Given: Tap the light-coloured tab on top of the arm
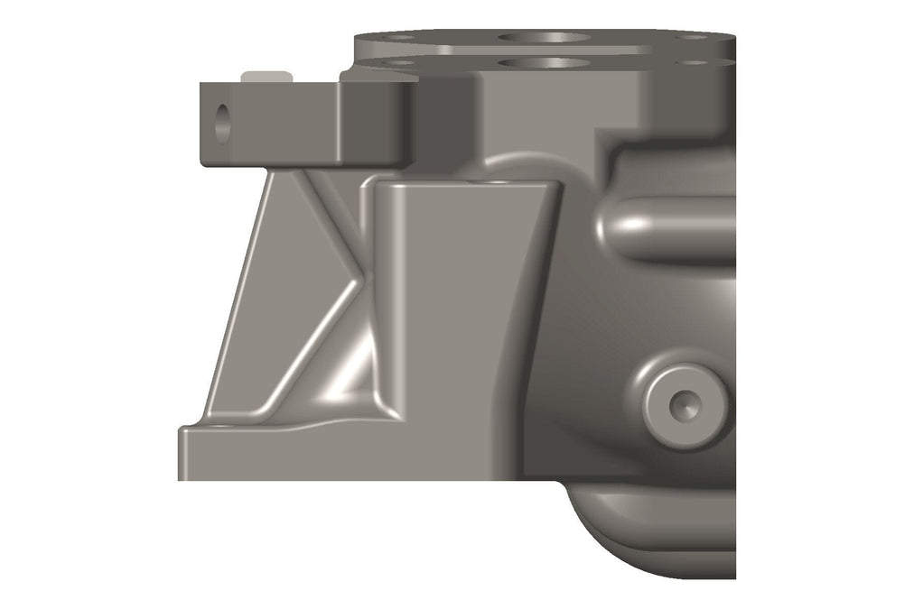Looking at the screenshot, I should click(267, 76).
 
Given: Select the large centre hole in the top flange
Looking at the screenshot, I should click(544, 38).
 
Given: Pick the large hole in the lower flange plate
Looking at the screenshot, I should click(544, 63).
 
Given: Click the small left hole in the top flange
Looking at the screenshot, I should click(401, 38).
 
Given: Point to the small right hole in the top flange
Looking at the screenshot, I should click(694, 38).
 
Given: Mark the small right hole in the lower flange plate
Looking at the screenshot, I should click(694, 62).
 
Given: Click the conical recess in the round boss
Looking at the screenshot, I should click(684, 405).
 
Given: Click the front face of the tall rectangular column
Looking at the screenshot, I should click(461, 307).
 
